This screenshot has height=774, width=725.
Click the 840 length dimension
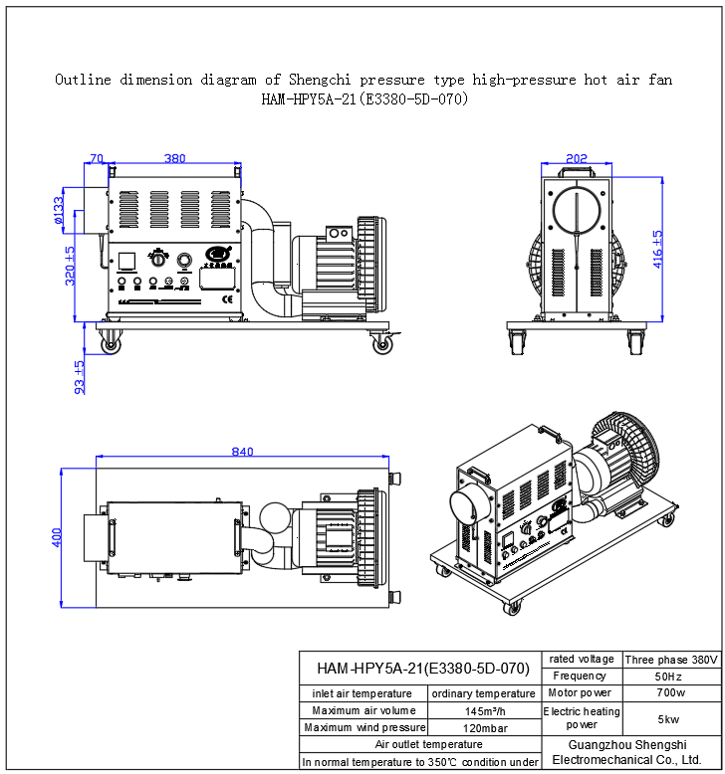point(242,452)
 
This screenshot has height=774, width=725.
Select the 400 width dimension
point(57,537)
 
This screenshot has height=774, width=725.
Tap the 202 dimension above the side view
point(576,158)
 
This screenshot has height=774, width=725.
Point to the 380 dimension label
point(174,158)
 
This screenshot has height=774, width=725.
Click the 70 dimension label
point(97,158)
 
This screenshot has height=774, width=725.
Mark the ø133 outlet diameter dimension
point(60,211)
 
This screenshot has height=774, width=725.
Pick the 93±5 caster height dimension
point(81,377)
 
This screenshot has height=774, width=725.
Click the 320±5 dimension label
point(70,267)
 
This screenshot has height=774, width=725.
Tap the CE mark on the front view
point(227,297)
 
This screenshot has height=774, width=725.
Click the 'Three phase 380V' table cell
point(671,660)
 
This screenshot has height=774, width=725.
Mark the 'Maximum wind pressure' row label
point(363,728)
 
